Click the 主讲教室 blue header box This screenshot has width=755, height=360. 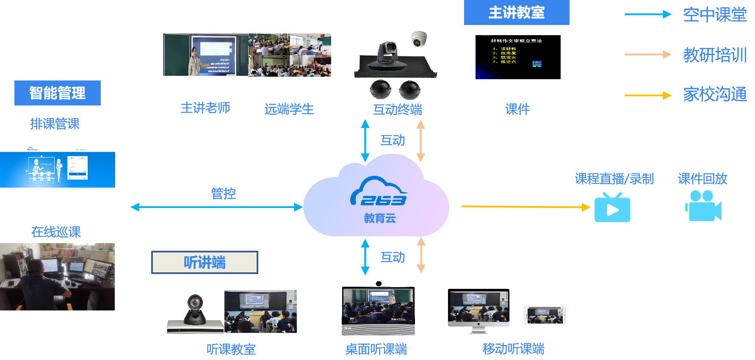coord(517,13)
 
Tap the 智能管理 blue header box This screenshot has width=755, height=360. coord(58,93)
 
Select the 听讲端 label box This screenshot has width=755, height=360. coord(205,263)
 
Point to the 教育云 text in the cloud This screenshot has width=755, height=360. coord(380,218)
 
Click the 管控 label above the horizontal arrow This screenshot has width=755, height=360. coord(223,194)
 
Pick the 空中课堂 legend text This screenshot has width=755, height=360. coord(715,15)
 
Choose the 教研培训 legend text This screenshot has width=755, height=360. coord(715,55)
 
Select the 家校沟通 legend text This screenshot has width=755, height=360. coord(715,94)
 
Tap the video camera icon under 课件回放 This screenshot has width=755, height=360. coord(703,206)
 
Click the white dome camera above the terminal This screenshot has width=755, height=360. coord(419,39)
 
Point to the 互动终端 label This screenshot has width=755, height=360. coord(397,110)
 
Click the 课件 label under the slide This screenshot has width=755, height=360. coord(517,109)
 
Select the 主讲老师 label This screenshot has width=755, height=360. coord(205,108)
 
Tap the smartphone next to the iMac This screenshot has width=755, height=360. coord(545,315)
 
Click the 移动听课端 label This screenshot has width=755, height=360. coord(513,349)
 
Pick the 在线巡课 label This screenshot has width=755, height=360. coord(56,232)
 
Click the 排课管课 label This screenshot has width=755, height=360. coord(55,124)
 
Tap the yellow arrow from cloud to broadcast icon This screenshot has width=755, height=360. coord(525,207)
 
